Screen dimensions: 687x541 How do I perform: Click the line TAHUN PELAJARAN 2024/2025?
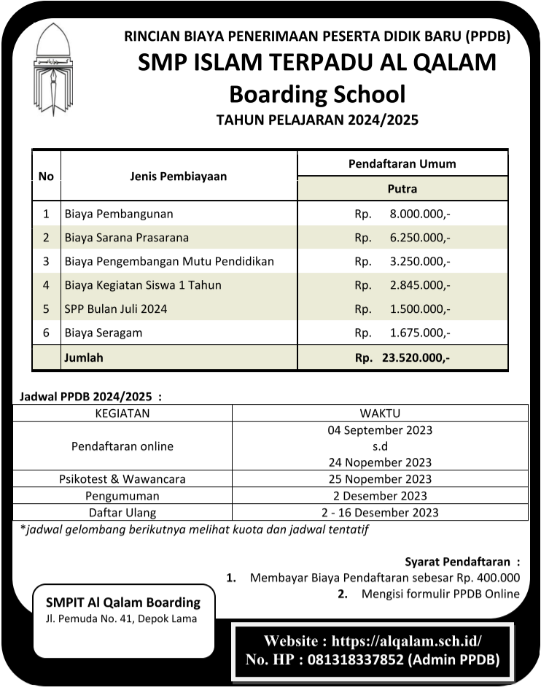[x=317, y=121]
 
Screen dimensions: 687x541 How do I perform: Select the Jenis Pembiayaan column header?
[x=178, y=176]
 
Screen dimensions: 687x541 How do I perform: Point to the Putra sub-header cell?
[x=402, y=189]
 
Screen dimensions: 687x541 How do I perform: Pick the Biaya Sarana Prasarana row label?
[x=126, y=238]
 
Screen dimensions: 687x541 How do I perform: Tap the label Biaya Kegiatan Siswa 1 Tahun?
[x=143, y=285]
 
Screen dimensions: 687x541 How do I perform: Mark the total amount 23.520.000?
[x=415, y=358]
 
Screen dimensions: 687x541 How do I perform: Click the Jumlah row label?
[x=84, y=357]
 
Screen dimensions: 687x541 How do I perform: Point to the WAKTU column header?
[x=379, y=414]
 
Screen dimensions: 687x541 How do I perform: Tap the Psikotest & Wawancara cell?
[x=122, y=479]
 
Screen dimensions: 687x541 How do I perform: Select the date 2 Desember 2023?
[x=379, y=496]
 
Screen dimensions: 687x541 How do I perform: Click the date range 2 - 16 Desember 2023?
[x=379, y=512]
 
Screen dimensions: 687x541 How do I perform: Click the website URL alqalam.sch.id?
[x=407, y=642]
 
